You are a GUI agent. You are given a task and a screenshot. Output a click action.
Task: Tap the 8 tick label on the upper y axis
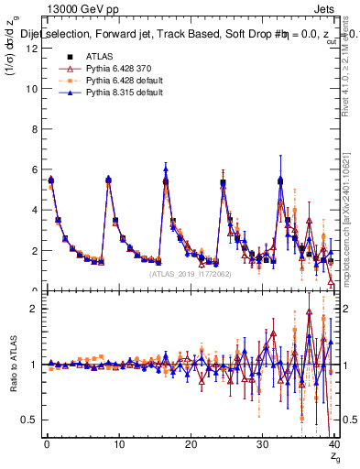(33, 129)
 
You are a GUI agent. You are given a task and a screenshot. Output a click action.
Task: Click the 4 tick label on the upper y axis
(33, 210)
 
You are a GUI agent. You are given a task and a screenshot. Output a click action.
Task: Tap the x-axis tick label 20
(190, 445)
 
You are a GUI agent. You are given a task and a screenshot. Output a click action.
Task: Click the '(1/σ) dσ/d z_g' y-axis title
(12, 61)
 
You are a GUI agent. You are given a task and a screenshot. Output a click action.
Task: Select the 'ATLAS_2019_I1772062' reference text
(188, 273)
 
